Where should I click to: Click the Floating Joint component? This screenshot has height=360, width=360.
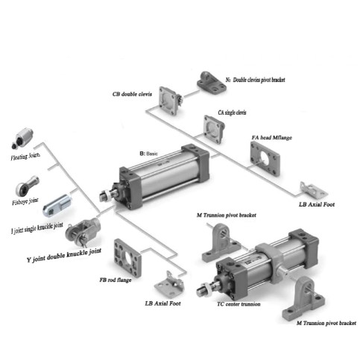pos(22,138)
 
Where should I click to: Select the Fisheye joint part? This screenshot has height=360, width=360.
pos(27,186)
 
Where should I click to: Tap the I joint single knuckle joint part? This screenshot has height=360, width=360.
pos(57,205)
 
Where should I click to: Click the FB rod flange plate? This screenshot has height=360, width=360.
pos(127,258)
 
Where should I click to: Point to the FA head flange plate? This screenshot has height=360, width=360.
pos(265,159)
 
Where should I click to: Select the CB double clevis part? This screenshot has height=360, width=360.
pos(171,101)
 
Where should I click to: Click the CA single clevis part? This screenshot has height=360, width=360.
pos(214,129)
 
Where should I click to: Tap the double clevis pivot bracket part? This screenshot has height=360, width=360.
pos(212,83)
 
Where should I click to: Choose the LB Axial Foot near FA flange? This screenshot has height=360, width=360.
pos(314,190)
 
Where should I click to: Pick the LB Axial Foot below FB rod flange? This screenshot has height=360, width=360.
pos(169,285)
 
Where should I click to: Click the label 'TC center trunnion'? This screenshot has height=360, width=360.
pos(239,304)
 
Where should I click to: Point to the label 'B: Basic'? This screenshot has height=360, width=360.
pos(148,154)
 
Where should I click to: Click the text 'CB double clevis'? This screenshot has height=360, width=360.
pos(132,94)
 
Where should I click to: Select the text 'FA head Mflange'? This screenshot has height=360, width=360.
pos(271,138)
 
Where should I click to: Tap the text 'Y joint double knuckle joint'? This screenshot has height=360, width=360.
pos(64,255)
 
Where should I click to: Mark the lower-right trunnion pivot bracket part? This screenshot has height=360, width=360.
pos(304,297)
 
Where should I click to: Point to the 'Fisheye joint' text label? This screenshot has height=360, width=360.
pos(25,201)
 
